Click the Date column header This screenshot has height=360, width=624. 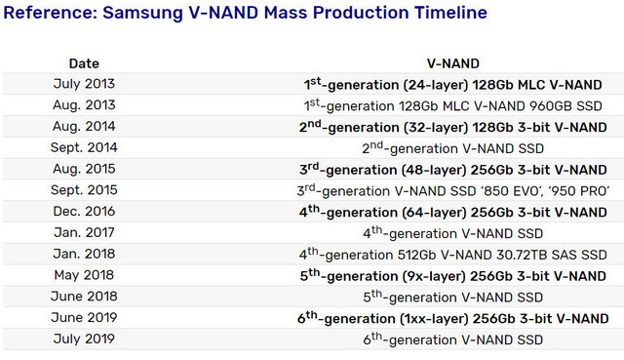point(84,62)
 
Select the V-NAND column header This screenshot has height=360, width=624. point(455,62)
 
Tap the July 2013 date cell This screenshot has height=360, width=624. point(84,84)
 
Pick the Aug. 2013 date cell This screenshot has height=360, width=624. point(84,105)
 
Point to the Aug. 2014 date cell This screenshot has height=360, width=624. point(84,127)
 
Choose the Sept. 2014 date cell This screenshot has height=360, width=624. point(84,148)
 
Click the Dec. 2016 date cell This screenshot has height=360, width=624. point(84,212)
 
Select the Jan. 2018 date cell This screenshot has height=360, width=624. point(84,255)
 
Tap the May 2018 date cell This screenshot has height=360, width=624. point(84,276)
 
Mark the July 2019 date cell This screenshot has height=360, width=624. point(84,340)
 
